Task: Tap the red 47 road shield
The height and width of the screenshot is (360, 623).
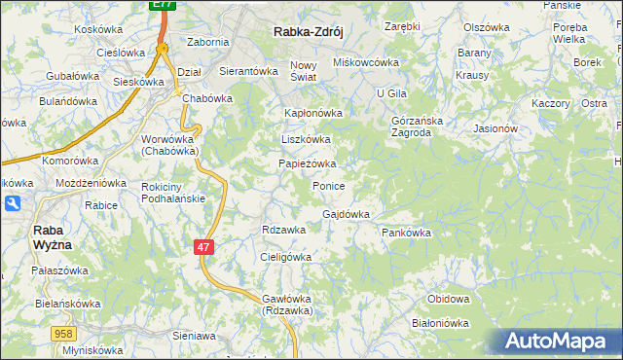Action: point(203,247)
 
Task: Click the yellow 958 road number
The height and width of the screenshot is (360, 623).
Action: point(64,334)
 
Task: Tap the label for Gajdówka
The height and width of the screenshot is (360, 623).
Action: point(346,214)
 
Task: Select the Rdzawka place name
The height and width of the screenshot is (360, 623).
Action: point(284,230)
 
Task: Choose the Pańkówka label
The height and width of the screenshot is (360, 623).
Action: point(406,234)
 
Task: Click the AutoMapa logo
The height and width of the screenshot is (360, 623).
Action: point(558,342)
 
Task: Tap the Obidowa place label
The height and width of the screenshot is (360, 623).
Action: point(449,299)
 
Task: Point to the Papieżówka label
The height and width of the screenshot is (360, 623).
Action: point(308,163)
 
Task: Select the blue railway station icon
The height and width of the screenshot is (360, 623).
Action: point(11,203)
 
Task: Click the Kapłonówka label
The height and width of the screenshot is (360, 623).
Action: point(312,113)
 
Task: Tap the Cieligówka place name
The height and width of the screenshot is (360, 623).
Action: point(285,257)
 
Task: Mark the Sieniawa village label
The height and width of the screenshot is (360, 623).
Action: point(193,335)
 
